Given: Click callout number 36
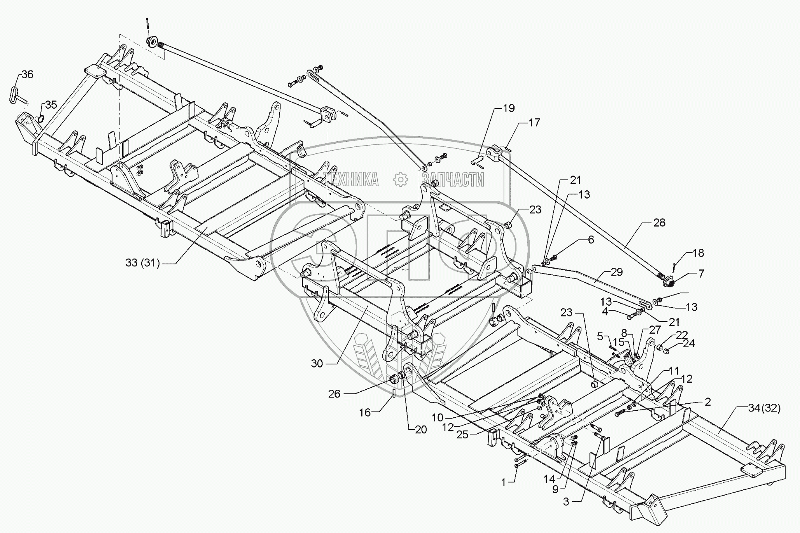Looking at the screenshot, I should click(x=27, y=74).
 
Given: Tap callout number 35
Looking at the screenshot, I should click(x=51, y=104).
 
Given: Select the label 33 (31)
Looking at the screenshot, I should click(x=143, y=263).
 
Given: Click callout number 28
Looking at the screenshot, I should click(x=660, y=223).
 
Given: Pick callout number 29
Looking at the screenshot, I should click(x=617, y=272).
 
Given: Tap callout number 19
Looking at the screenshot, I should click(x=509, y=108).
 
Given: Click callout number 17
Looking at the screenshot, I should click(x=534, y=123).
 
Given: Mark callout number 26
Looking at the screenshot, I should click(x=334, y=394).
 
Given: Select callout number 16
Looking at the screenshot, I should click(x=365, y=412).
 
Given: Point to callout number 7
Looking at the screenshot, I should click(x=701, y=274).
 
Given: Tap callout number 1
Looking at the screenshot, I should click(x=504, y=483).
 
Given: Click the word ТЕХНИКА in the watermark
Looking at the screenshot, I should click(x=352, y=180).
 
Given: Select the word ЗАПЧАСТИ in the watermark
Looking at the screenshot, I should click(x=453, y=180).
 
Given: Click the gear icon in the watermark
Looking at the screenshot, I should click(x=400, y=179).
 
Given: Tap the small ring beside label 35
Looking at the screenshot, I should click(x=40, y=118).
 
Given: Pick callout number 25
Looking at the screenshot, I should click(x=462, y=434).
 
